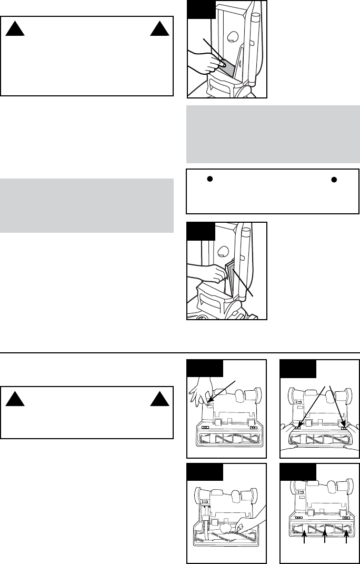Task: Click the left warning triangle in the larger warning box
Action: (x=13, y=30)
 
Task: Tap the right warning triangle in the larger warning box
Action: (x=157, y=30)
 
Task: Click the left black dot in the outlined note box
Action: (x=209, y=179)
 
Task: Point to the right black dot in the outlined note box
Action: (x=333, y=179)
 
